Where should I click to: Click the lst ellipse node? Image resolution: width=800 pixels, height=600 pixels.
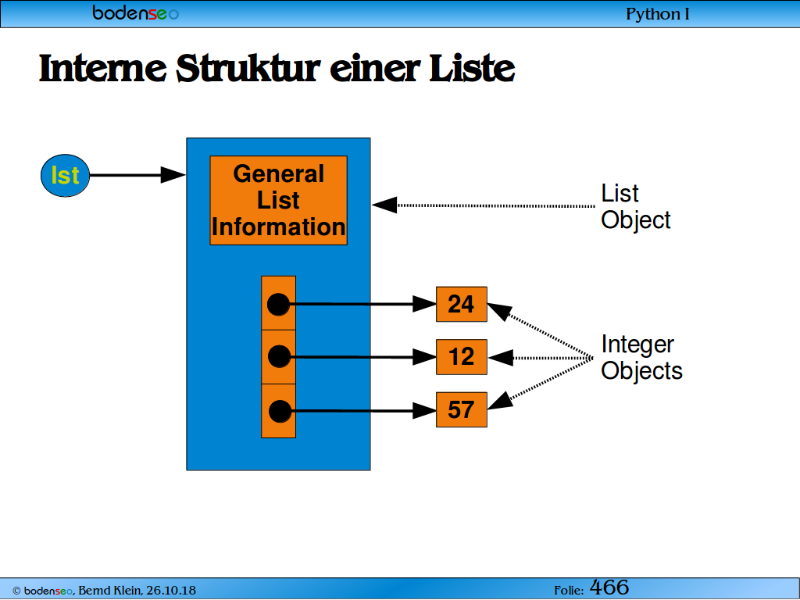(x=66, y=176)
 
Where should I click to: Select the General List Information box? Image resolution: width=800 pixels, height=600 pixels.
(x=279, y=201)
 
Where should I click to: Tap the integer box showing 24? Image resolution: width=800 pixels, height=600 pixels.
(x=462, y=304)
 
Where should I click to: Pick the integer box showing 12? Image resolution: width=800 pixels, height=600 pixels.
(x=462, y=357)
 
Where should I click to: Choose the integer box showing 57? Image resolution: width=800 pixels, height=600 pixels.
(x=462, y=409)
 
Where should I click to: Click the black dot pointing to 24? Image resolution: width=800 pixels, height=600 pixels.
(x=279, y=305)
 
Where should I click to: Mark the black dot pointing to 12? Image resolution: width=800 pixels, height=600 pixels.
(x=279, y=356)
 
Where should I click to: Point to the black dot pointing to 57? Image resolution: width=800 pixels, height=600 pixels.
(x=280, y=411)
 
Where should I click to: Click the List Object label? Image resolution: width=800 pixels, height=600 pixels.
(x=636, y=206)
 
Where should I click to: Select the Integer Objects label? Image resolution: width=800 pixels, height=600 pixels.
(x=642, y=358)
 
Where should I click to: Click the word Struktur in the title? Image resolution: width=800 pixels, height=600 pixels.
(x=248, y=68)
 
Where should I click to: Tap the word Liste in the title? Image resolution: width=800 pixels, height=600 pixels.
(x=472, y=68)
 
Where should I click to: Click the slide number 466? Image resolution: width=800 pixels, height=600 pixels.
(x=609, y=587)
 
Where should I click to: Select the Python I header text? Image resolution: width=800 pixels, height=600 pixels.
(x=658, y=14)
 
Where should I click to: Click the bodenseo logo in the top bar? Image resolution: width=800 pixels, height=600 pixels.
(x=136, y=12)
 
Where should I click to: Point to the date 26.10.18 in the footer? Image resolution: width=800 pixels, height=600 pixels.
(x=171, y=591)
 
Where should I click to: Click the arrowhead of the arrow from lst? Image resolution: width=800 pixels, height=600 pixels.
(x=173, y=175)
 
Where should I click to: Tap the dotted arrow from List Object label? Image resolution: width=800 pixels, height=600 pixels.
(x=484, y=205)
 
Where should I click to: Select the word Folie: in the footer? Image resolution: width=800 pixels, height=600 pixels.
(x=569, y=591)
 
